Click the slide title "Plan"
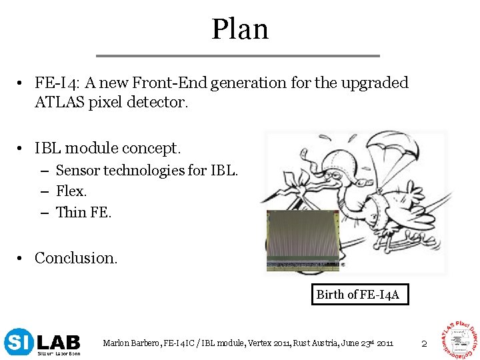(x=240, y=29)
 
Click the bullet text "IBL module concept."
(x=107, y=147)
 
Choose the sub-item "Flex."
(x=71, y=191)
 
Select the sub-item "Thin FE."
(x=84, y=213)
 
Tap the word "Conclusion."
(x=76, y=258)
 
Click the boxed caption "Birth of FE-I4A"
(x=358, y=295)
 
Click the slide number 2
(x=423, y=343)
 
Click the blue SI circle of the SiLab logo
(x=17, y=343)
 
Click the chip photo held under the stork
(x=302, y=240)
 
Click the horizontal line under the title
(x=238, y=55)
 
